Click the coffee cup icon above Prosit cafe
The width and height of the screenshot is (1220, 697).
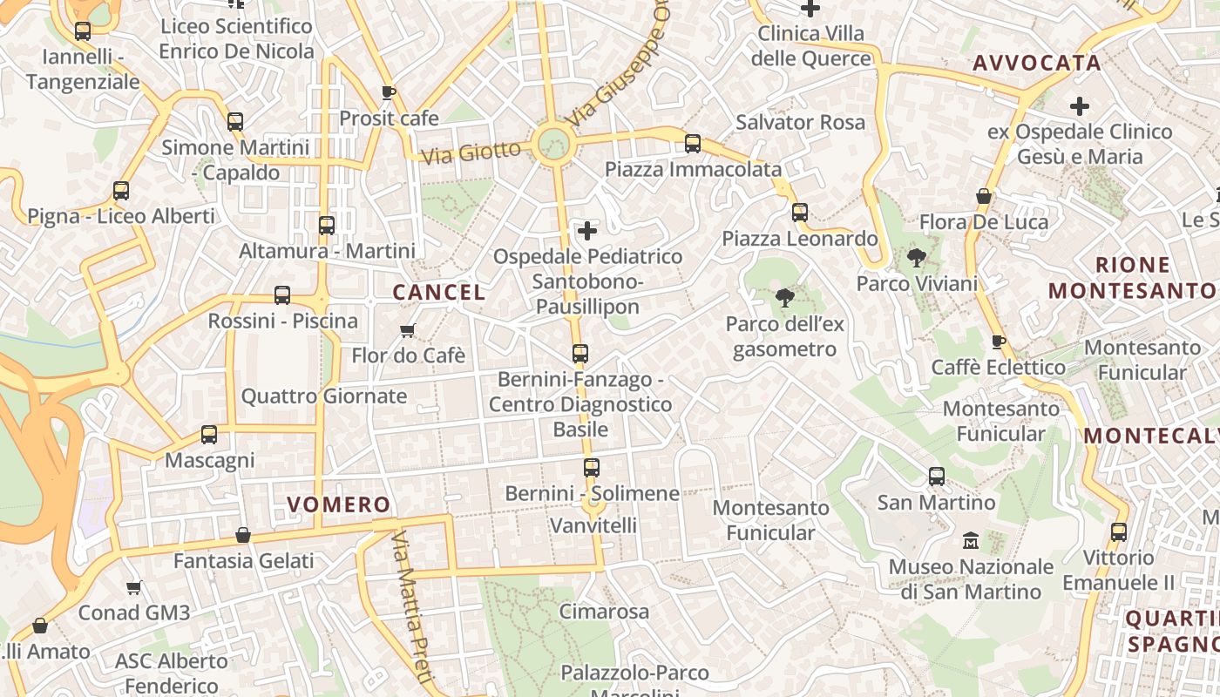click(x=389, y=92)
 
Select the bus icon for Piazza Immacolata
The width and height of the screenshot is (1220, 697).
click(x=693, y=144)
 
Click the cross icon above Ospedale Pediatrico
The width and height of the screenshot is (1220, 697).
click(x=588, y=231)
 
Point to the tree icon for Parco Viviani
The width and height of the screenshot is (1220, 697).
click(x=916, y=258)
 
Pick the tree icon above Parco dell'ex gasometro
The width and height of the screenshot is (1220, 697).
click(x=784, y=298)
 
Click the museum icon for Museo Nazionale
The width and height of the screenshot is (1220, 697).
click(x=971, y=541)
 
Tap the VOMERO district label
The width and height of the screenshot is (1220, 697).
click(x=339, y=504)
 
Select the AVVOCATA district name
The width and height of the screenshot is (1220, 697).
click(x=1037, y=63)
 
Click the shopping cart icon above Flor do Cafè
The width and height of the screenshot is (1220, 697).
click(x=407, y=330)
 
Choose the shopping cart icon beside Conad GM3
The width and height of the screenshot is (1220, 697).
click(x=133, y=587)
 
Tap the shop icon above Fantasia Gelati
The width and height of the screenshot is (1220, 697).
click(x=243, y=535)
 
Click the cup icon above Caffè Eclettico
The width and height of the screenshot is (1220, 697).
click(x=999, y=342)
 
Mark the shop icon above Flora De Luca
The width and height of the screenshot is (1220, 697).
click(x=984, y=197)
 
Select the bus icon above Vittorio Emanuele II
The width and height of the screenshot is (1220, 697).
click(x=1119, y=531)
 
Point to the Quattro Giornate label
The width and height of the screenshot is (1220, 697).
click(x=324, y=396)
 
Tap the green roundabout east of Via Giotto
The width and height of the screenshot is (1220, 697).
click(x=552, y=141)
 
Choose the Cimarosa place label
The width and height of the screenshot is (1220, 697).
click(x=604, y=612)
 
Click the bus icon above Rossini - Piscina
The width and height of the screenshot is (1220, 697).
click(x=282, y=295)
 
